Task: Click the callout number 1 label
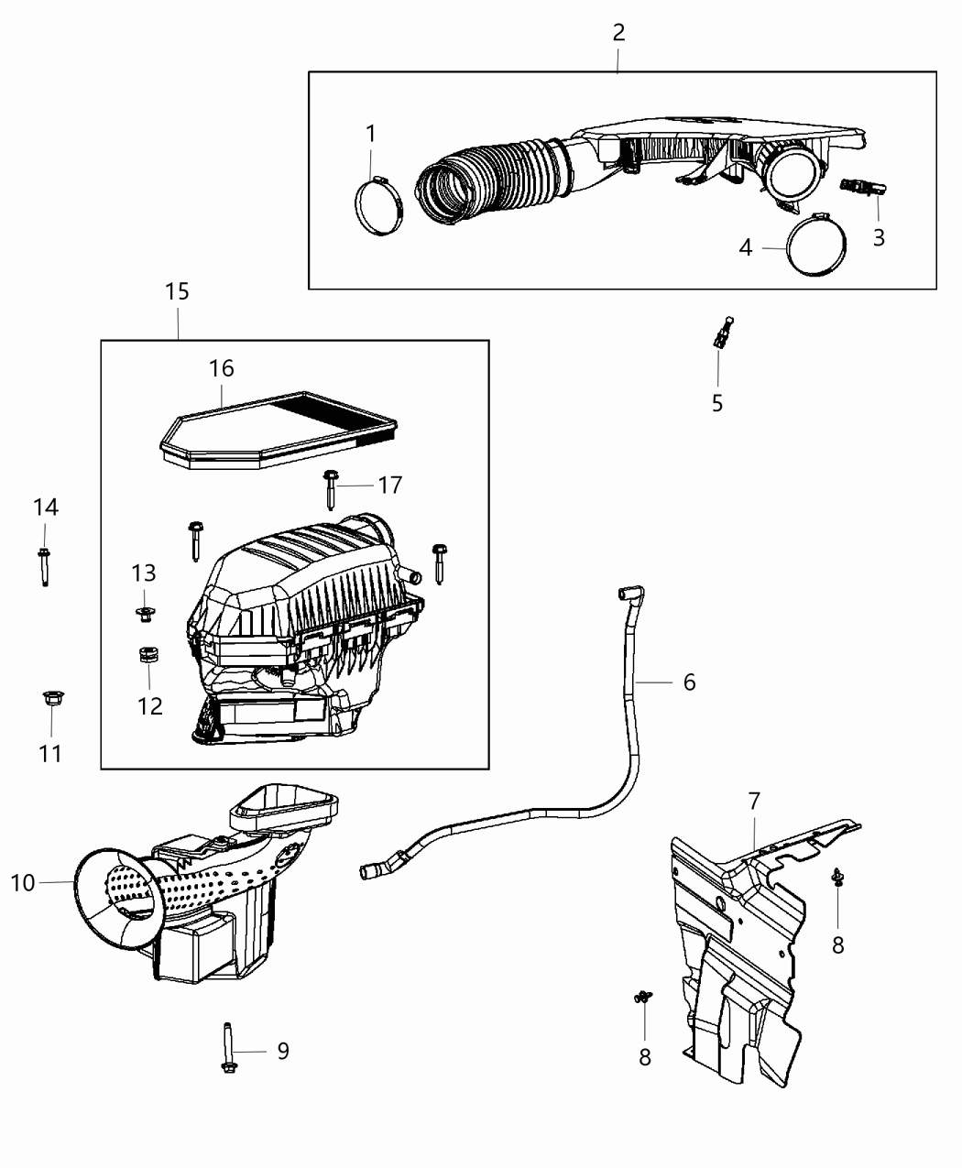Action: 371,134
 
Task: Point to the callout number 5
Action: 717,402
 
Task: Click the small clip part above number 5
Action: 722,333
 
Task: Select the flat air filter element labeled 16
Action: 279,429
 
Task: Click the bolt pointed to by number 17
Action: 329,488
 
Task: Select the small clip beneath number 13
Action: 144,613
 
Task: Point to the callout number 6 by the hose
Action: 689,682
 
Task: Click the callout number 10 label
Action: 22,883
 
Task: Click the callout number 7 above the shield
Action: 754,802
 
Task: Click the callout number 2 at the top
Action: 618,33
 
